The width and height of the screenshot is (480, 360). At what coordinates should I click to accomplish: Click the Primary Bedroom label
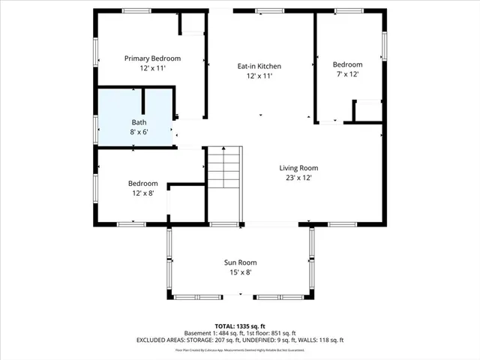152,58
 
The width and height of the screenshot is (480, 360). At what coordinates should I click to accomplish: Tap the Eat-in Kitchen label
259,66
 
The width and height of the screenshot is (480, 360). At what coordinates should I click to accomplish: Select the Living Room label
299,168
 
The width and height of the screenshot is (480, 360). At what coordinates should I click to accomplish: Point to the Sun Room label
240,262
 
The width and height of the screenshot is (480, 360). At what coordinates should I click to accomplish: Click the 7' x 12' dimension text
347,74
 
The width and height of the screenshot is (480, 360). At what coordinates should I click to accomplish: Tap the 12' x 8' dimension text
142,193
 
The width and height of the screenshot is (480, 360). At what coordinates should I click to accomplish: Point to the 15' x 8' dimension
240,272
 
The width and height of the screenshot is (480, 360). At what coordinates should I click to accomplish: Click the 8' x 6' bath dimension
139,131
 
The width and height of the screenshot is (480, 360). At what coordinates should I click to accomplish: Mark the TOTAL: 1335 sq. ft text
239,326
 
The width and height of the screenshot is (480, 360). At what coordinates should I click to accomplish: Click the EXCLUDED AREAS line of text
239,340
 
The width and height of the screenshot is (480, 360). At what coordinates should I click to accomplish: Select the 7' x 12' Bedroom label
347,64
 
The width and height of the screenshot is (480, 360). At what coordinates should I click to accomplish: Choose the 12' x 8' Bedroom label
142,184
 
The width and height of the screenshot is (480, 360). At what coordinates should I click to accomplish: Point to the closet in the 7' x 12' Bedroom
367,111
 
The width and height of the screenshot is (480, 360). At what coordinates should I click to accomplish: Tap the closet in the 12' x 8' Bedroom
187,202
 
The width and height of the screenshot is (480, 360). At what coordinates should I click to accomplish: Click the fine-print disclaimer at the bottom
239,349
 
